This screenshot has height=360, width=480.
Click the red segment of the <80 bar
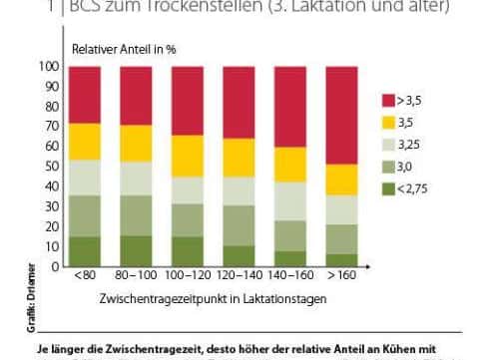(89, 95)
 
